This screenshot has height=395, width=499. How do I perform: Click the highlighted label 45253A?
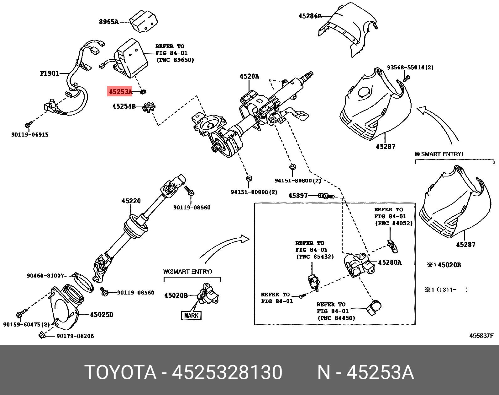[x=120, y=92]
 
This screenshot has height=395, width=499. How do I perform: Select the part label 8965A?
[x=108, y=22]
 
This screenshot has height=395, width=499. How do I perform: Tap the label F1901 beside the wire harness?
[x=50, y=73]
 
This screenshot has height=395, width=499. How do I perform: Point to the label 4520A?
[x=249, y=76]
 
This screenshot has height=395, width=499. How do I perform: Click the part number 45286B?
[x=310, y=16]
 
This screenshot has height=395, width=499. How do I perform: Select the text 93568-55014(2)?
[x=410, y=68]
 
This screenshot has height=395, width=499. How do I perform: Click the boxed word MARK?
[x=191, y=315]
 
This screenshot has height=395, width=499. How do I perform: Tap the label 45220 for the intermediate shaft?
[x=131, y=201]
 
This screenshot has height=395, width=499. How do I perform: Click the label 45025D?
[x=102, y=314]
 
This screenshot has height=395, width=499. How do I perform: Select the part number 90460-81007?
[x=45, y=276]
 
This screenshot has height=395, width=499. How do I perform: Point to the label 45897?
[x=298, y=196]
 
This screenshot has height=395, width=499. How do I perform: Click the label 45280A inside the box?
[x=390, y=262]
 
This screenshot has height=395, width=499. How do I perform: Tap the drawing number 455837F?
[x=481, y=336]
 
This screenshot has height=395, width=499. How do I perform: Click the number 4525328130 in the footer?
[x=227, y=373]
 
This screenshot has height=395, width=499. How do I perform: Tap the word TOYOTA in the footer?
[x=120, y=373]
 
